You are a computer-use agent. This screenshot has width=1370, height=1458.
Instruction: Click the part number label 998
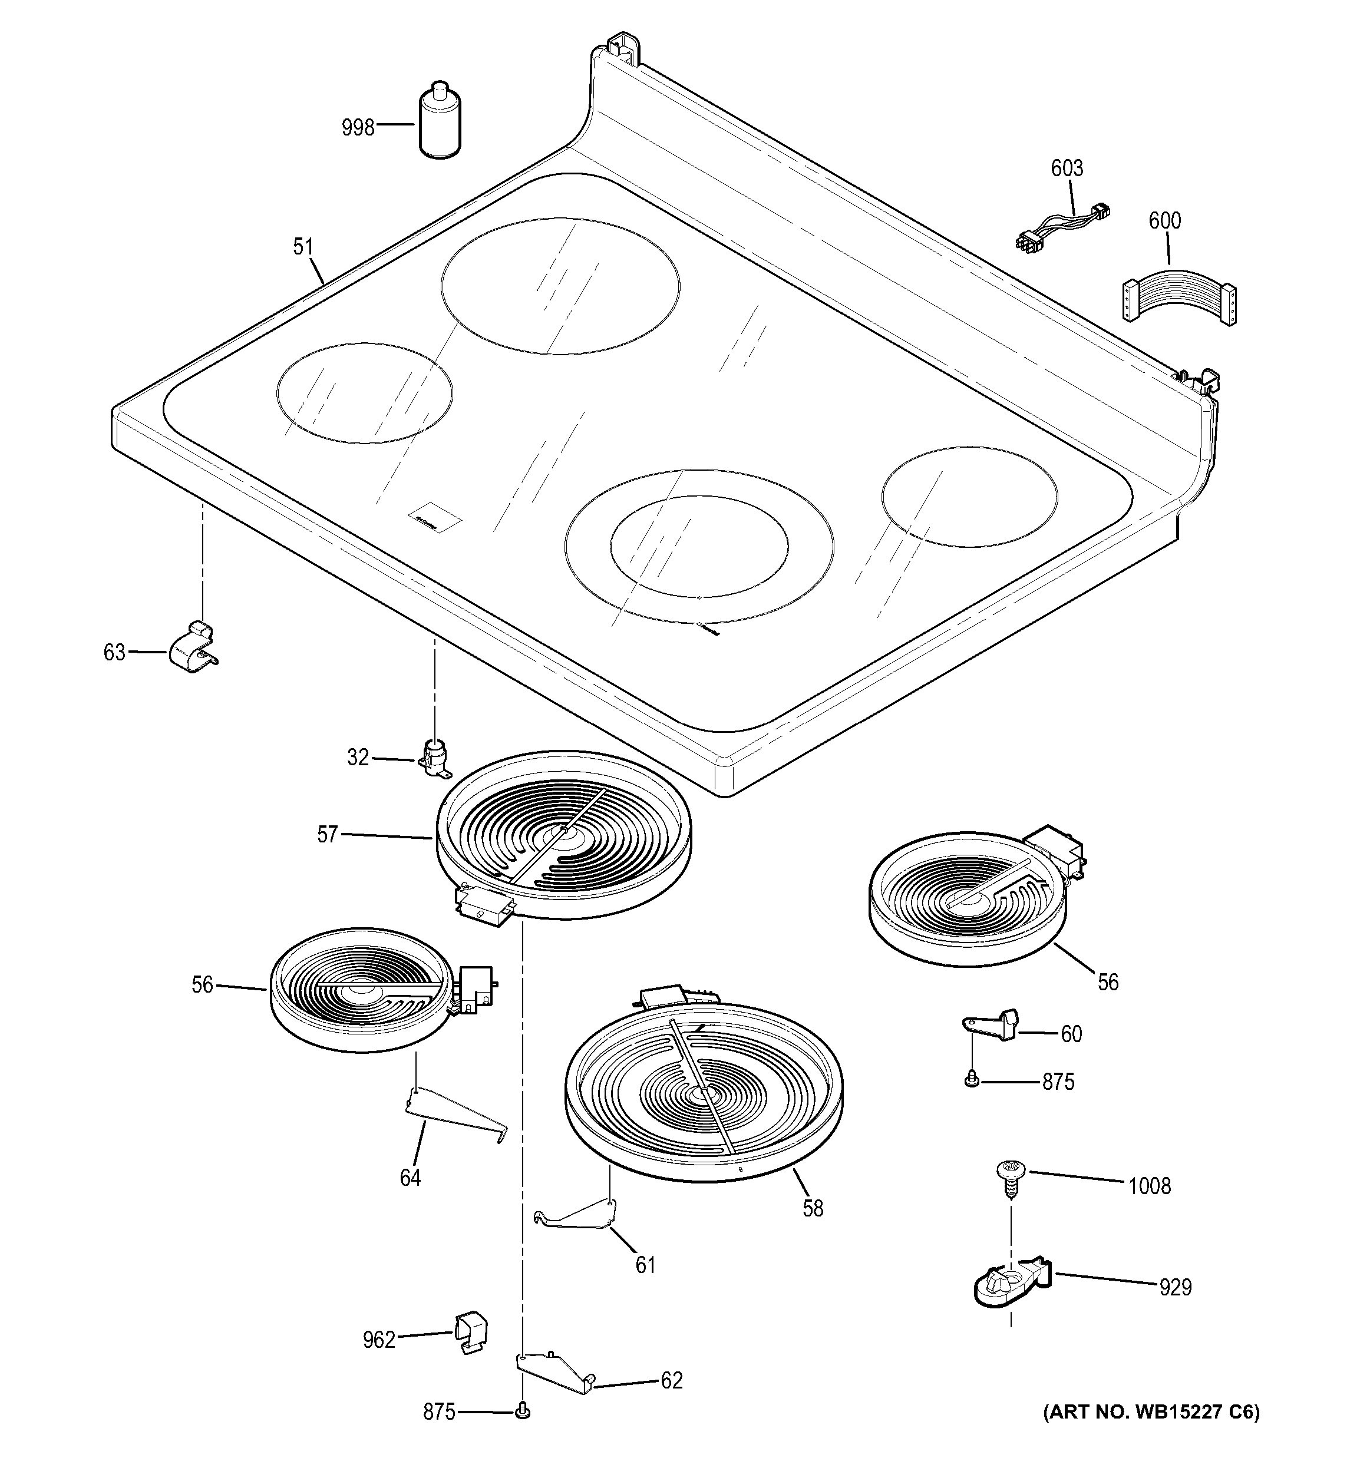(358, 128)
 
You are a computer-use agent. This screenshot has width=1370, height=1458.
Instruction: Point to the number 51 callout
(303, 247)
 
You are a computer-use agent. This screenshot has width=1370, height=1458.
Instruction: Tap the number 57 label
(327, 835)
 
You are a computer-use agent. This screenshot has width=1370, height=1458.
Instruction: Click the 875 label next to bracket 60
(1058, 1082)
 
